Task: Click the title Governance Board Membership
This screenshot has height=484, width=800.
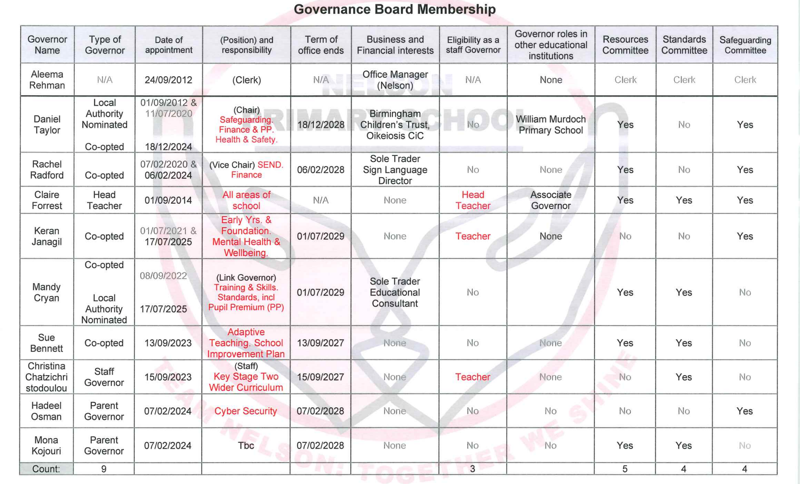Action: tap(395, 9)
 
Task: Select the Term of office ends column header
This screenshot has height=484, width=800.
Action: tap(321, 45)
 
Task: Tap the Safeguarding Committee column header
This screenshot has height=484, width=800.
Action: tap(745, 45)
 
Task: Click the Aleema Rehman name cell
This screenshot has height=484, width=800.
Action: tap(47, 80)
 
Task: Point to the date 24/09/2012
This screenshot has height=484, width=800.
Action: tap(168, 80)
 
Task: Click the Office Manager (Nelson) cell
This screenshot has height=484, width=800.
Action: tap(395, 80)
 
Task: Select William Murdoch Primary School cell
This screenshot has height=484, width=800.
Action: tap(551, 125)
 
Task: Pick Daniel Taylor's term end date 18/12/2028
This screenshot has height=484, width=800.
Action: tap(321, 125)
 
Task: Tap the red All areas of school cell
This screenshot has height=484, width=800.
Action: tap(246, 200)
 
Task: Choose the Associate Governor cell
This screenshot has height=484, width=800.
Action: tap(551, 200)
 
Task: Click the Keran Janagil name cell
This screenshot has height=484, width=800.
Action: tap(47, 236)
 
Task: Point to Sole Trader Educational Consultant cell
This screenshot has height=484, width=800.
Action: tap(395, 292)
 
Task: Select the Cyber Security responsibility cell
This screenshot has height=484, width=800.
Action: tap(246, 411)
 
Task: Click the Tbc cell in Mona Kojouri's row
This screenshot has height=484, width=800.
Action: tap(246, 445)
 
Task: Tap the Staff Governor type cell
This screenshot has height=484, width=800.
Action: tap(104, 377)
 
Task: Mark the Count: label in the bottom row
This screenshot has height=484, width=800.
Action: tap(46, 469)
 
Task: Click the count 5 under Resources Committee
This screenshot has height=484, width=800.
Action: tap(625, 469)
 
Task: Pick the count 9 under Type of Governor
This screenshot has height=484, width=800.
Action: tap(104, 469)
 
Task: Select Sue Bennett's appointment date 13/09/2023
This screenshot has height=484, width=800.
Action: tap(168, 343)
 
